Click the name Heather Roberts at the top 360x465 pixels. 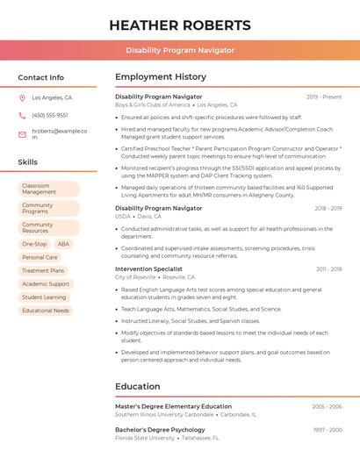pos(180,25)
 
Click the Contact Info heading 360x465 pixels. pos(40,77)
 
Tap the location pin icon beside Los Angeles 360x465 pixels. pos(22,98)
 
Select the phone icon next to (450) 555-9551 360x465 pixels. pos(22,115)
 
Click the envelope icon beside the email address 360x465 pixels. pos(22,134)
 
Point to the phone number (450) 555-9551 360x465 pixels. pos(49,115)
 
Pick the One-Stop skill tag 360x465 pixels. pos(34,244)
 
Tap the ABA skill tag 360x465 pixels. pos(63,244)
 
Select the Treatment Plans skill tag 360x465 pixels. pos(43,270)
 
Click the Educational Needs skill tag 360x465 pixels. pos(46,311)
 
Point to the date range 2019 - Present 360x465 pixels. pos(324,97)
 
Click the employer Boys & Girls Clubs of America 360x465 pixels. pos(153,104)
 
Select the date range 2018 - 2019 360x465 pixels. pos(328,209)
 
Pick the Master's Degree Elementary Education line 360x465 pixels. pos(173,406)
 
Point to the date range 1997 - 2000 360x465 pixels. pos(328,430)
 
